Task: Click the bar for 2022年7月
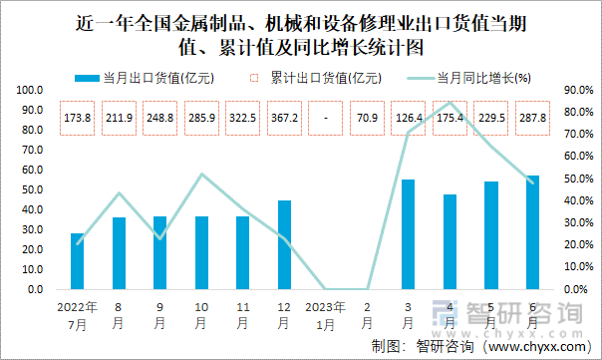78,261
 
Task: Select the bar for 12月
284,245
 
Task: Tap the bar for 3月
408,234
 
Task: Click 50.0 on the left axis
30,189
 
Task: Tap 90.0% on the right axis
578,90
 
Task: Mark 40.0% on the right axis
578,200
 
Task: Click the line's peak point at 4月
450,103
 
